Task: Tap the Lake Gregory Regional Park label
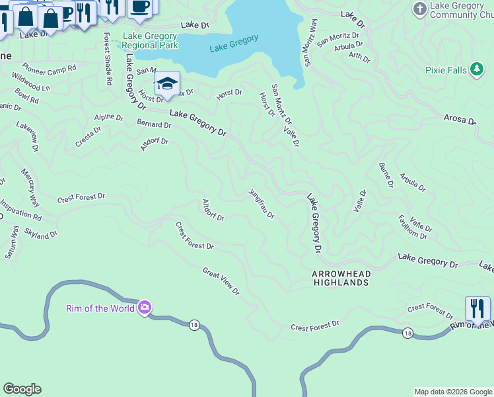point(149,40)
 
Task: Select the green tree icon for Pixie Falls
point(477,69)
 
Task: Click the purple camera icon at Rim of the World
point(145,307)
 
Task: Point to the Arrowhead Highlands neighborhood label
point(341,278)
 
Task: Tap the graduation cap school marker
point(167,84)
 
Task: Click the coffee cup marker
point(139,7)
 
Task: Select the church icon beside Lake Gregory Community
point(419,9)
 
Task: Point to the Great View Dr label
point(221,281)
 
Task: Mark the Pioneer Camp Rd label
point(50,67)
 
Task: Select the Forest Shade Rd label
point(107,60)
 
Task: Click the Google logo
point(22,389)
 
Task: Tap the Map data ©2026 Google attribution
point(452,392)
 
